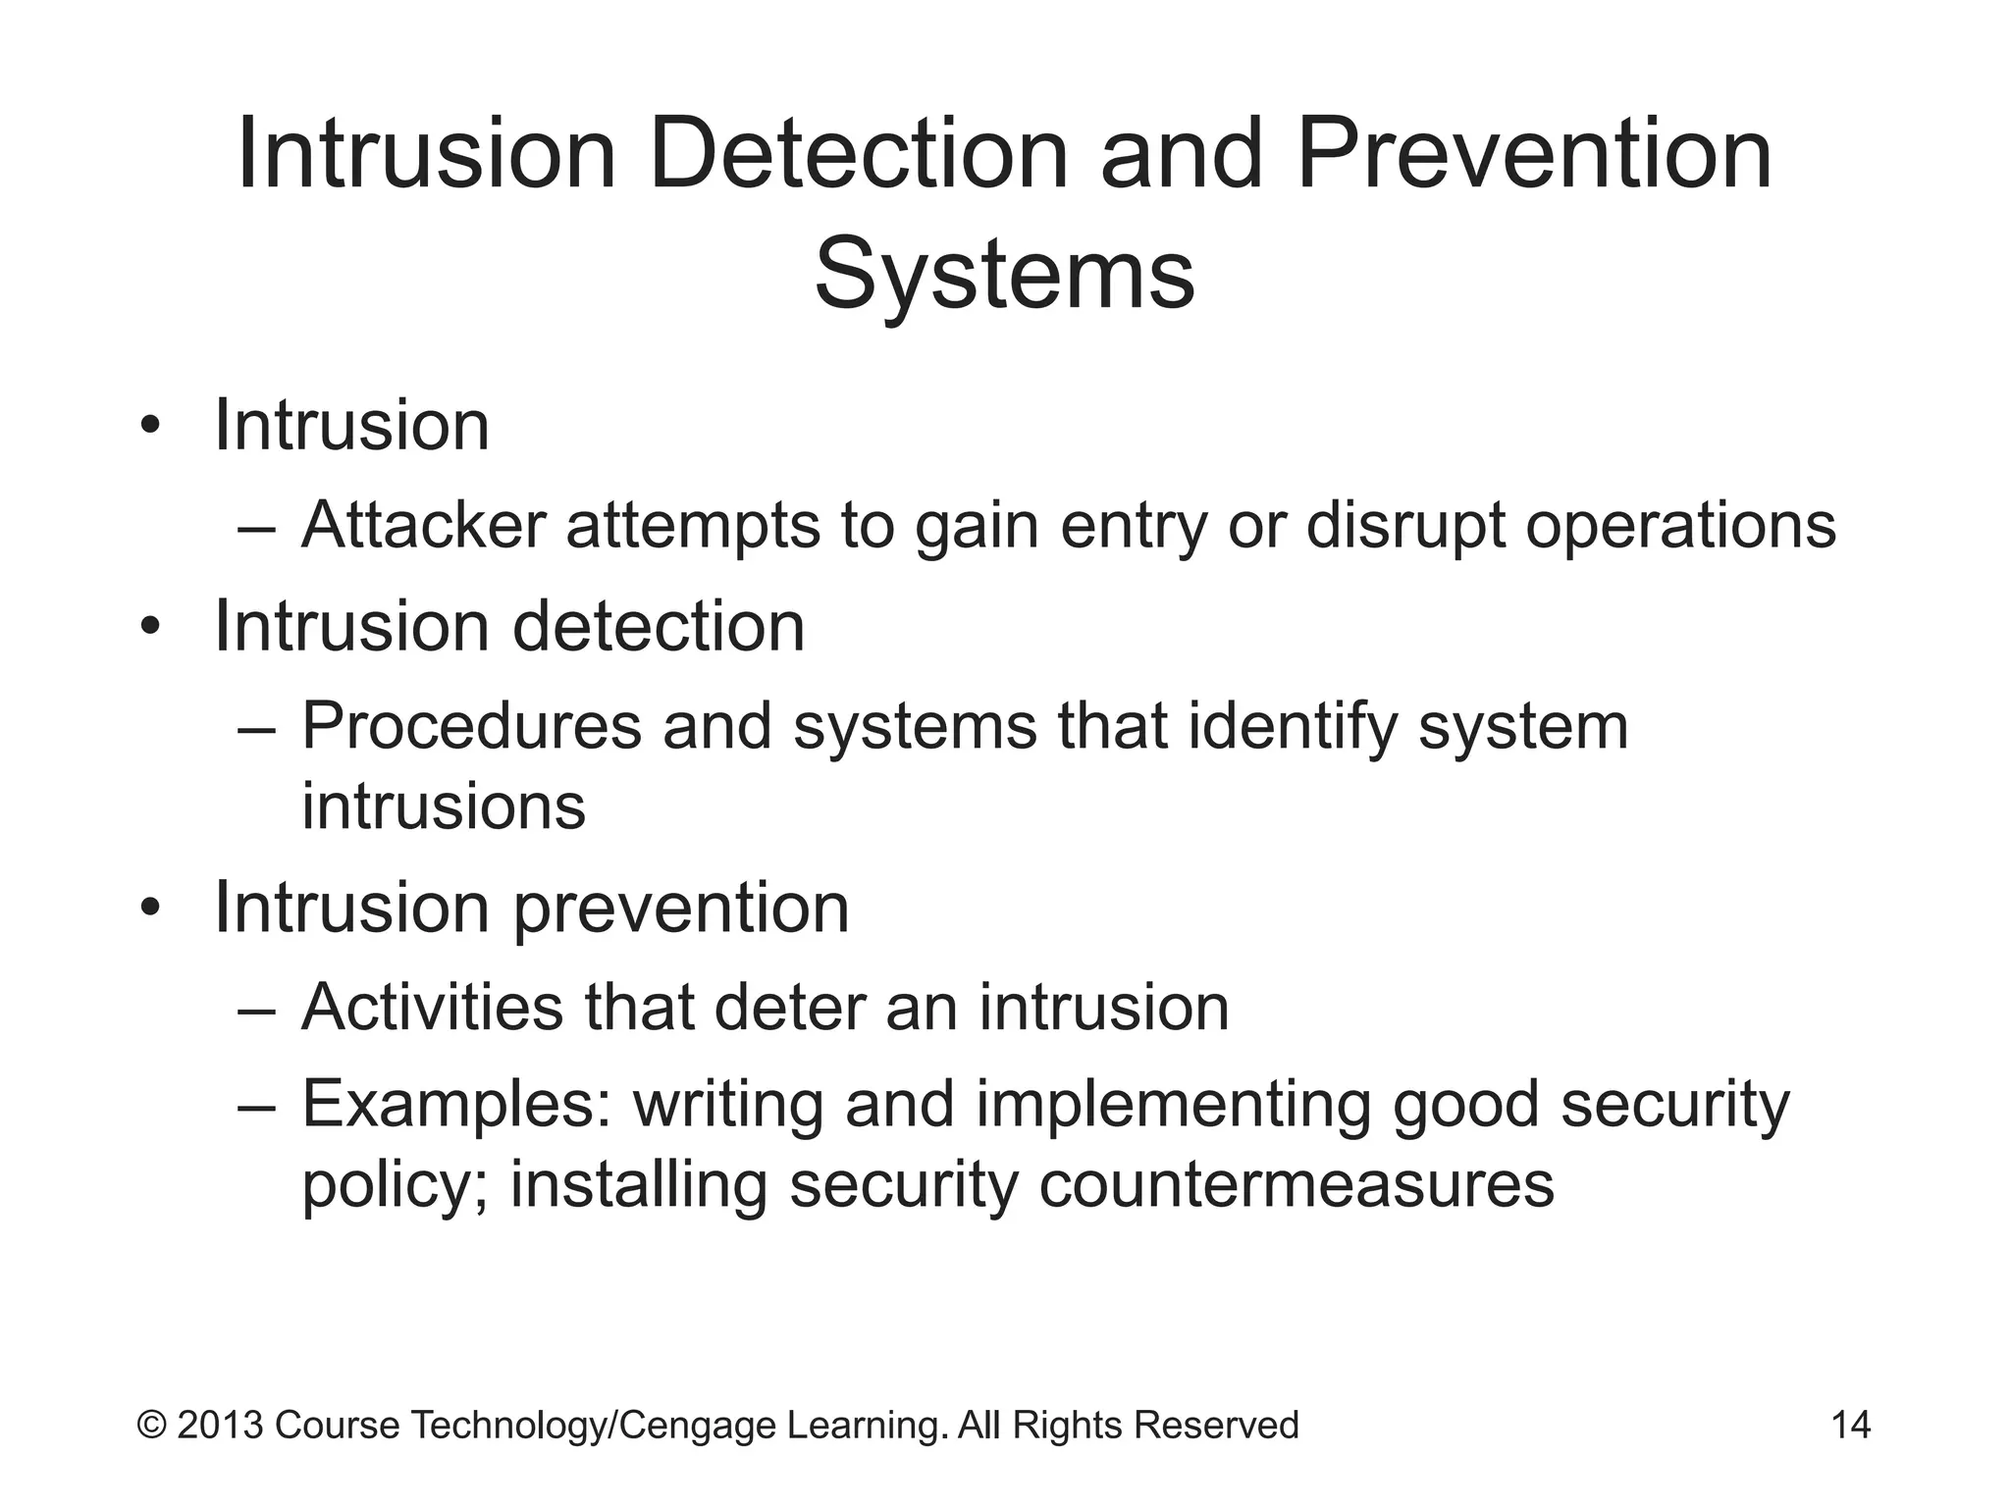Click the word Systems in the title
(x=1004, y=275)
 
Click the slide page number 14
(x=1851, y=1425)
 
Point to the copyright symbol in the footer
(x=151, y=1425)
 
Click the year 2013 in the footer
(x=221, y=1425)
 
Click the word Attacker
(x=423, y=525)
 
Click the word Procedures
(x=470, y=727)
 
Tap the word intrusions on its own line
(x=443, y=806)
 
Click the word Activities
(x=432, y=1008)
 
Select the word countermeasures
(x=1296, y=1185)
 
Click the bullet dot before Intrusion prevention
(x=149, y=909)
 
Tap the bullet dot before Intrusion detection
(x=149, y=627)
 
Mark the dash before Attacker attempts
(x=257, y=527)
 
